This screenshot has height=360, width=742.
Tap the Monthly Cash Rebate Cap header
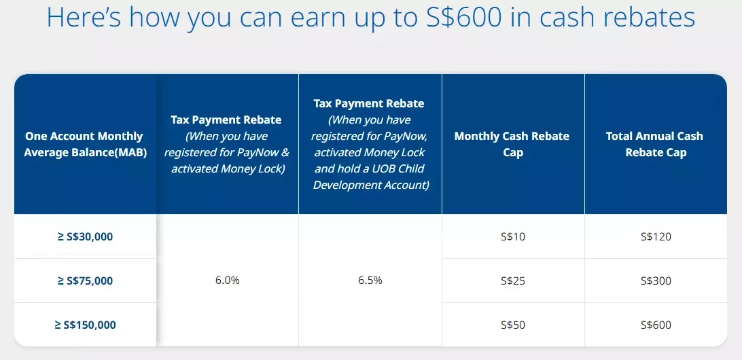pos(513,144)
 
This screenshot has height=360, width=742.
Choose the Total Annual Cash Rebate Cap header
pos(656,144)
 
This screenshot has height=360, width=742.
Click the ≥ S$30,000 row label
pos(85,236)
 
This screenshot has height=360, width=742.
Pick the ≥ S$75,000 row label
pos(85,281)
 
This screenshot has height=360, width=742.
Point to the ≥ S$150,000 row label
pos(85,325)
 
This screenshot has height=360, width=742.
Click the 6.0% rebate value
pos(227,280)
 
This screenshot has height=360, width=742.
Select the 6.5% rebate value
pos(370,280)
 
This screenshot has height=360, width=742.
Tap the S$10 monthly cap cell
pos(513,236)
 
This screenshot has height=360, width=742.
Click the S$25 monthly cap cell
pos(513,281)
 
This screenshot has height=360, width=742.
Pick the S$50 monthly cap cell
pos(513,325)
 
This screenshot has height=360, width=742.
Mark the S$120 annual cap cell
pos(656,236)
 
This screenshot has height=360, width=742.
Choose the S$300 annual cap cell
pos(656,281)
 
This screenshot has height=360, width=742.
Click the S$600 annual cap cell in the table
pos(656,325)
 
